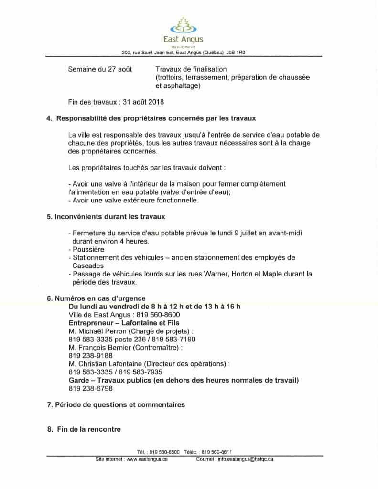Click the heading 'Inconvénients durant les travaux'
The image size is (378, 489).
click(x=110, y=217)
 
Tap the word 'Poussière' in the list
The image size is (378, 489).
click(x=88, y=249)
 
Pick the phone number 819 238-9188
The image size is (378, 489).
click(x=91, y=355)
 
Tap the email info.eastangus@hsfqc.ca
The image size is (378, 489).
click(x=245, y=459)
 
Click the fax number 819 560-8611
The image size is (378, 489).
click(x=217, y=452)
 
